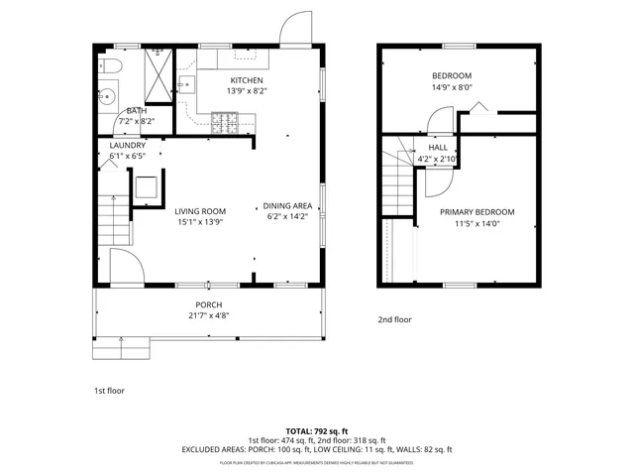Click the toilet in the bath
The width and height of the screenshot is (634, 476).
click(110, 66)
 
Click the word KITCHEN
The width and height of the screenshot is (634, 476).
click(247, 80)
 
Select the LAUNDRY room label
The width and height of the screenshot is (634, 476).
click(128, 146)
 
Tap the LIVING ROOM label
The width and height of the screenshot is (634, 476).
click(200, 211)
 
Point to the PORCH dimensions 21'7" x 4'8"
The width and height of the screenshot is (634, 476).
click(208, 316)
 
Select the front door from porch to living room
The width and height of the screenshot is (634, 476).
click(126, 266)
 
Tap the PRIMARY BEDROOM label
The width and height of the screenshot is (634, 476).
click(477, 212)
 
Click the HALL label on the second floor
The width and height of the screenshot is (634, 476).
click(437, 148)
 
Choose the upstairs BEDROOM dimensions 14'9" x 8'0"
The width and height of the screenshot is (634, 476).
click(451, 86)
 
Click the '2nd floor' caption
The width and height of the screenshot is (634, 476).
click(394, 320)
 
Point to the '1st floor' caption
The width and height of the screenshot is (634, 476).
click(109, 391)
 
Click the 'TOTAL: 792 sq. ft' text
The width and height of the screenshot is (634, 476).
click(316, 432)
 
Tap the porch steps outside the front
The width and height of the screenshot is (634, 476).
click(121, 348)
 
